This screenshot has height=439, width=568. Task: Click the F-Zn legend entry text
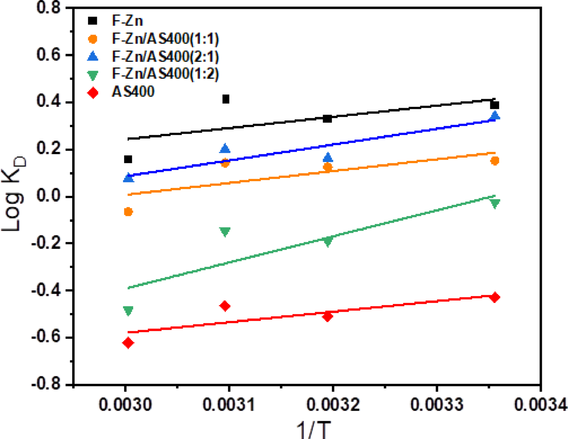[x=127, y=21]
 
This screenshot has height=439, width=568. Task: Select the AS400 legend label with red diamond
[x=133, y=92]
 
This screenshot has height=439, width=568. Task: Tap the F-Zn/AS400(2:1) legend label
[x=165, y=56]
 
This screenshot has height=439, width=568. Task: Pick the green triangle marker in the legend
[x=93, y=75]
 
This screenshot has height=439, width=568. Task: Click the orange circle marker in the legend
[x=93, y=39]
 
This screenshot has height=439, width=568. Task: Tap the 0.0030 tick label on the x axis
[x=125, y=405]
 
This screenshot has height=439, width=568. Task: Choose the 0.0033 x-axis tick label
[x=436, y=405]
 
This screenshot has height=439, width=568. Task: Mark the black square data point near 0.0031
[x=226, y=99]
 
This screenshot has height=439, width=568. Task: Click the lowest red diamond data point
[x=128, y=343]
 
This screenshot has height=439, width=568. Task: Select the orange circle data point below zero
[x=128, y=212]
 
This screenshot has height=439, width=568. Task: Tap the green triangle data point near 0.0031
[x=225, y=232]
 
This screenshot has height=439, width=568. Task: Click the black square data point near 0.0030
[x=128, y=159]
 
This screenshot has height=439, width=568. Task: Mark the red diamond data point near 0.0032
[x=327, y=317]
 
